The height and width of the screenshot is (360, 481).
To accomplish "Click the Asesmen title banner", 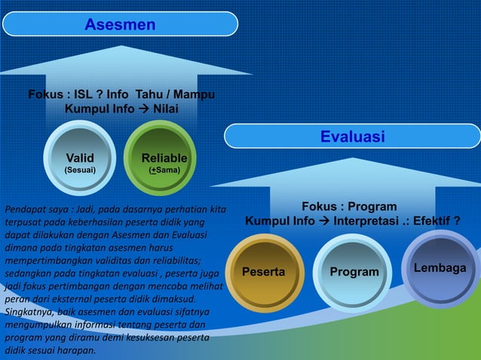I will click(121, 24).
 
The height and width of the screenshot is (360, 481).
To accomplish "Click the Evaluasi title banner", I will click(352, 136).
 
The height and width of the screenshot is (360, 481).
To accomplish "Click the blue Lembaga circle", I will click(440, 269).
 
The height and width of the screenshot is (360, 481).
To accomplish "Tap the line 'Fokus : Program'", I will click(349, 206).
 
